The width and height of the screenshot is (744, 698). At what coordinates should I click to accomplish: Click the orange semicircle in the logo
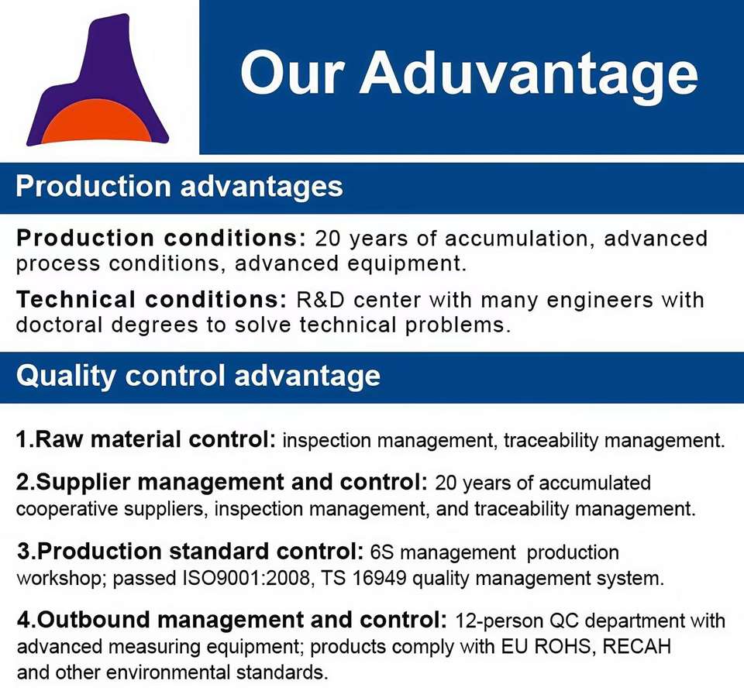(98, 122)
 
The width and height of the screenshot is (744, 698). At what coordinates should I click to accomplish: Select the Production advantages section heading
(179, 187)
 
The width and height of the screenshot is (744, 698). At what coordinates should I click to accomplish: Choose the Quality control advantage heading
(198, 376)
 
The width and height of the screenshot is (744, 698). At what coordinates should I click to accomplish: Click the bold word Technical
(75, 299)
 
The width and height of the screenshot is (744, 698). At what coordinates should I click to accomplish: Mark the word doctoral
(60, 325)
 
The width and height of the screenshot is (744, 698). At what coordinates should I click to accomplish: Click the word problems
(457, 325)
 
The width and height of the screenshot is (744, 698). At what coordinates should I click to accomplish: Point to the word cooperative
(67, 509)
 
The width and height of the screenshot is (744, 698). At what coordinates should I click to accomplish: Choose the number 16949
(379, 579)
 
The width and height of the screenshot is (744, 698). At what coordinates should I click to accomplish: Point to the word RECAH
(637, 646)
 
